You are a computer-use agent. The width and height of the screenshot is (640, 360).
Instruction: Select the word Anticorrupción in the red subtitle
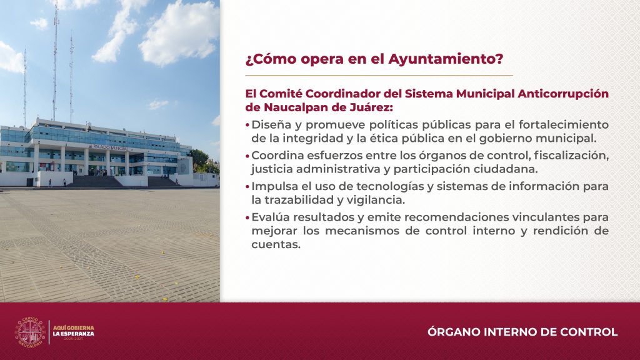click(563, 94)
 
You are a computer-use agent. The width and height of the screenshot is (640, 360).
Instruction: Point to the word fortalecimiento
click(564, 124)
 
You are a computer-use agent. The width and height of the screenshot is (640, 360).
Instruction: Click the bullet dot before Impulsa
click(247, 187)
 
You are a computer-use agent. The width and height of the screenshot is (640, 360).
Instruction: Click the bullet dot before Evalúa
click(247, 218)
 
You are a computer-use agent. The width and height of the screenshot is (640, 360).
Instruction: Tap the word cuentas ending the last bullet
click(276, 244)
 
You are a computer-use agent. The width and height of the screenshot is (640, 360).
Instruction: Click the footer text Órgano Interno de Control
click(522, 332)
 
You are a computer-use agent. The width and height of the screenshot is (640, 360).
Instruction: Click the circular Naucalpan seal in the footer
click(30, 332)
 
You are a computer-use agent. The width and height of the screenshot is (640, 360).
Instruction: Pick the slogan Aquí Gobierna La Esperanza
click(74, 331)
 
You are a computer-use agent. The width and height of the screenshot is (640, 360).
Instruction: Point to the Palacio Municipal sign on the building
click(110, 147)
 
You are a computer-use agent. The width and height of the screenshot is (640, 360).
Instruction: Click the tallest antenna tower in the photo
click(55, 61)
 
